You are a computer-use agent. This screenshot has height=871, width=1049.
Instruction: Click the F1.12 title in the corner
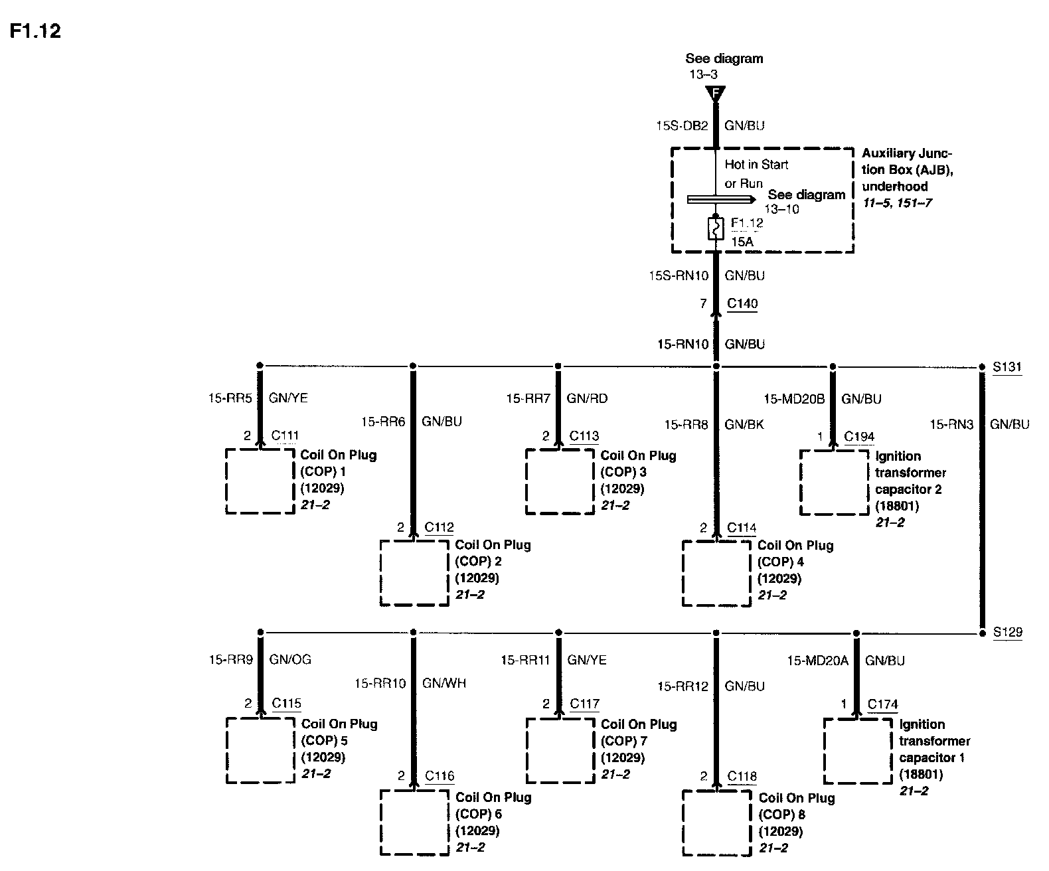click(x=35, y=31)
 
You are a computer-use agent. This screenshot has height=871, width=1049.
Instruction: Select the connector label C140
click(x=742, y=304)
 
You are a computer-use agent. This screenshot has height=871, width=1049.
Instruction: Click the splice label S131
click(x=1007, y=366)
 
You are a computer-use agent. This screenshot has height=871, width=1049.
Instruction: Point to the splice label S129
click(x=1007, y=633)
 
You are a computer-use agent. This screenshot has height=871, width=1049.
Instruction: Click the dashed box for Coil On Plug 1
click(x=260, y=481)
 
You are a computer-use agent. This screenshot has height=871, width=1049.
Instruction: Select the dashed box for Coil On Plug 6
click(x=414, y=822)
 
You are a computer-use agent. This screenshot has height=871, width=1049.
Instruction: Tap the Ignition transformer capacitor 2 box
click(x=834, y=482)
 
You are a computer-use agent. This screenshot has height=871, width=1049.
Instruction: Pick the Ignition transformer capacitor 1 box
click(x=858, y=751)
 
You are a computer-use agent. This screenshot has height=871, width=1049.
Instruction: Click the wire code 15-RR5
click(x=230, y=398)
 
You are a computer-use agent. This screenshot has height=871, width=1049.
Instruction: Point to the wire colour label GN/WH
click(x=444, y=683)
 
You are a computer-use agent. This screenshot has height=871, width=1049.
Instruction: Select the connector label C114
click(x=742, y=528)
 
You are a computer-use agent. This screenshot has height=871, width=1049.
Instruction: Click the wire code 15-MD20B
click(x=794, y=399)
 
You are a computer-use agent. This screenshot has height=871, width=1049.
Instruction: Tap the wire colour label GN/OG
click(x=290, y=660)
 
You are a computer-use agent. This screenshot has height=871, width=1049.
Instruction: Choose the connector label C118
click(x=742, y=777)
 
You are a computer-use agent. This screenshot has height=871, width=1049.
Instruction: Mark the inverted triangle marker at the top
click(x=716, y=94)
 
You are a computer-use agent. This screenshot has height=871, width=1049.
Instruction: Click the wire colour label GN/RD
click(x=587, y=398)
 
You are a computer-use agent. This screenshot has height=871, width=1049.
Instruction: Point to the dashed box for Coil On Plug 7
click(x=560, y=750)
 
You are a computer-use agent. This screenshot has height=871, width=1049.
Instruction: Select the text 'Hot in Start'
click(x=756, y=164)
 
